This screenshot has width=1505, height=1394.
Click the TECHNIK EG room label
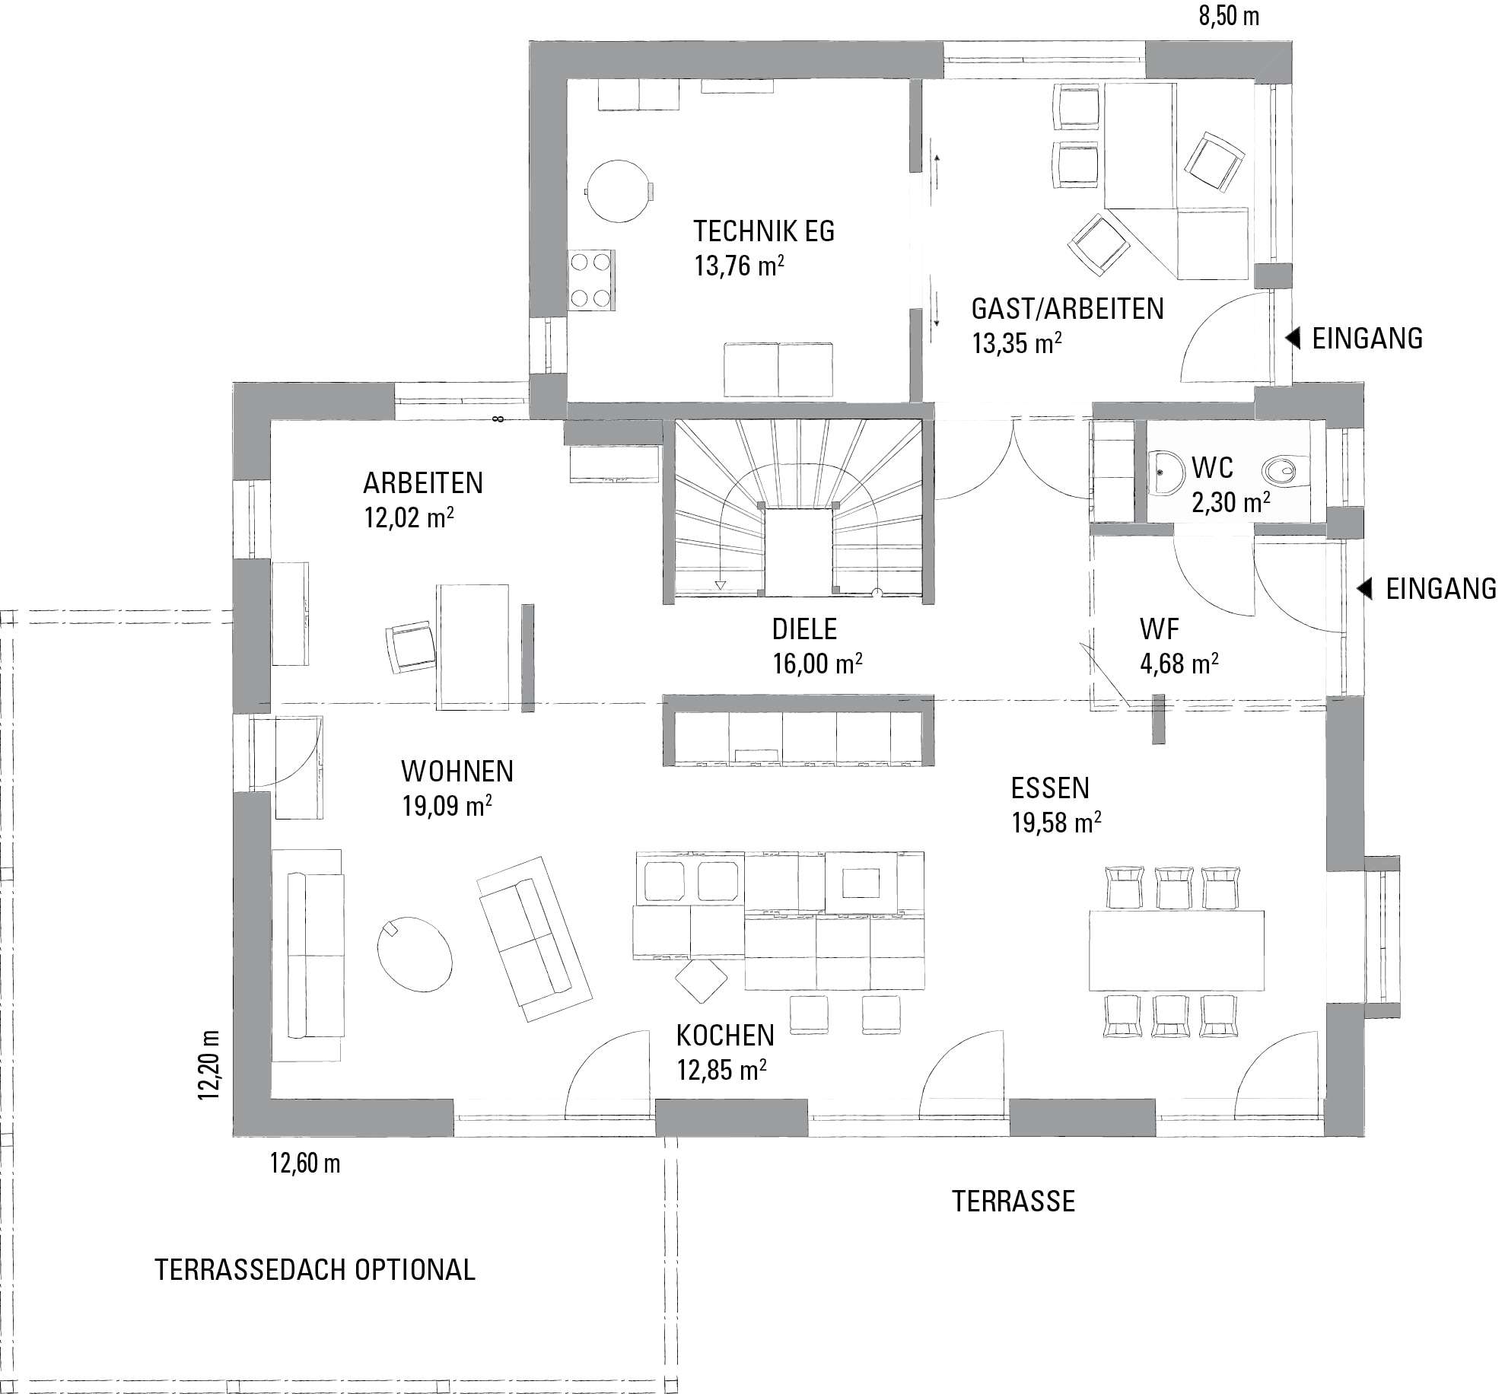[x=764, y=231]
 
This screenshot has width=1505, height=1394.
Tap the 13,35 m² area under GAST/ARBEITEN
[x=1017, y=343]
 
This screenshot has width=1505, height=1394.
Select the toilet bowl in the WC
[x=1286, y=471]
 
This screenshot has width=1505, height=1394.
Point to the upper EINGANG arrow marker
[x=1293, y=338]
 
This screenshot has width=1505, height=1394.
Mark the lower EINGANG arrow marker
[x=1367, y=588]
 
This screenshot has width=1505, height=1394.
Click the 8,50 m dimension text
[x=1229, y=16]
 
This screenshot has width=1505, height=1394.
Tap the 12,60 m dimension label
[x=305, y=1163]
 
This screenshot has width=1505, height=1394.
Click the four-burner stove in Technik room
[x=591, y=280]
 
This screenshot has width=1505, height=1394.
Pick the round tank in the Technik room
[x=618, y=191]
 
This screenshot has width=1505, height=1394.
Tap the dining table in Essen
[x=1177, y=949]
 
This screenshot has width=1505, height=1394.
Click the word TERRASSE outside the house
[x=1013, y=1201]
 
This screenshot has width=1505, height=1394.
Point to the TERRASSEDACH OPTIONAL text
[x=315, y=1269]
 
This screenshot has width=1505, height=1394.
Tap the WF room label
[x=1160, y=629]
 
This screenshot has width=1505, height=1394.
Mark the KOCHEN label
[x=725, y=1035]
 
